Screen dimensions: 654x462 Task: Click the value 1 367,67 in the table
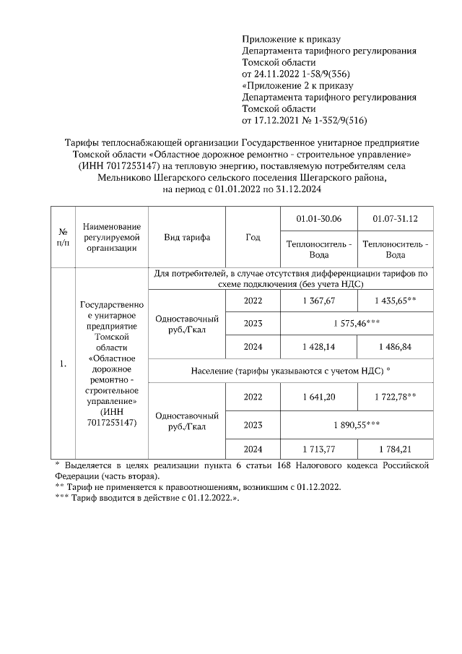(319, 301)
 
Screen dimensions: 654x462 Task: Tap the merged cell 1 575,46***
(357, 324)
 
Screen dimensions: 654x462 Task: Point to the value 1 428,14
(319, 347)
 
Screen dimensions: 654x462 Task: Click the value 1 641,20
(319, 397)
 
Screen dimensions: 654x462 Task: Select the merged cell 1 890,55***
(357, 424)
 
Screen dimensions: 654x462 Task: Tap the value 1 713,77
(319, 449)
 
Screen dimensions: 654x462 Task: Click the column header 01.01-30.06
(319, 219)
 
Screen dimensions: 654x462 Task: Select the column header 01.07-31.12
(396, 219)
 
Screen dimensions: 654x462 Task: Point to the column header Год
(253, 238)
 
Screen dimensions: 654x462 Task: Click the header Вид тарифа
(187, 238)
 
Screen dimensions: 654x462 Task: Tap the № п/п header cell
(63, 238)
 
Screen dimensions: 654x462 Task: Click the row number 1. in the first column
(63, 363)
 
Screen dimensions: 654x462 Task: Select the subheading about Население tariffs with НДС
(291, 370)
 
